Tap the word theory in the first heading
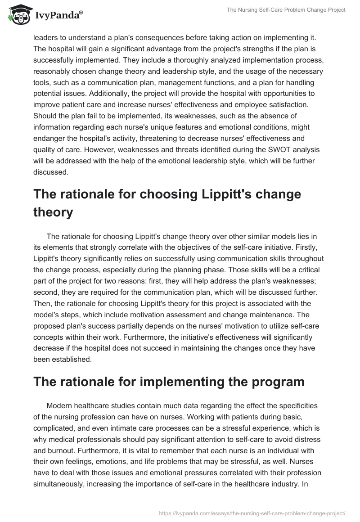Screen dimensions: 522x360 pos(53,211)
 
